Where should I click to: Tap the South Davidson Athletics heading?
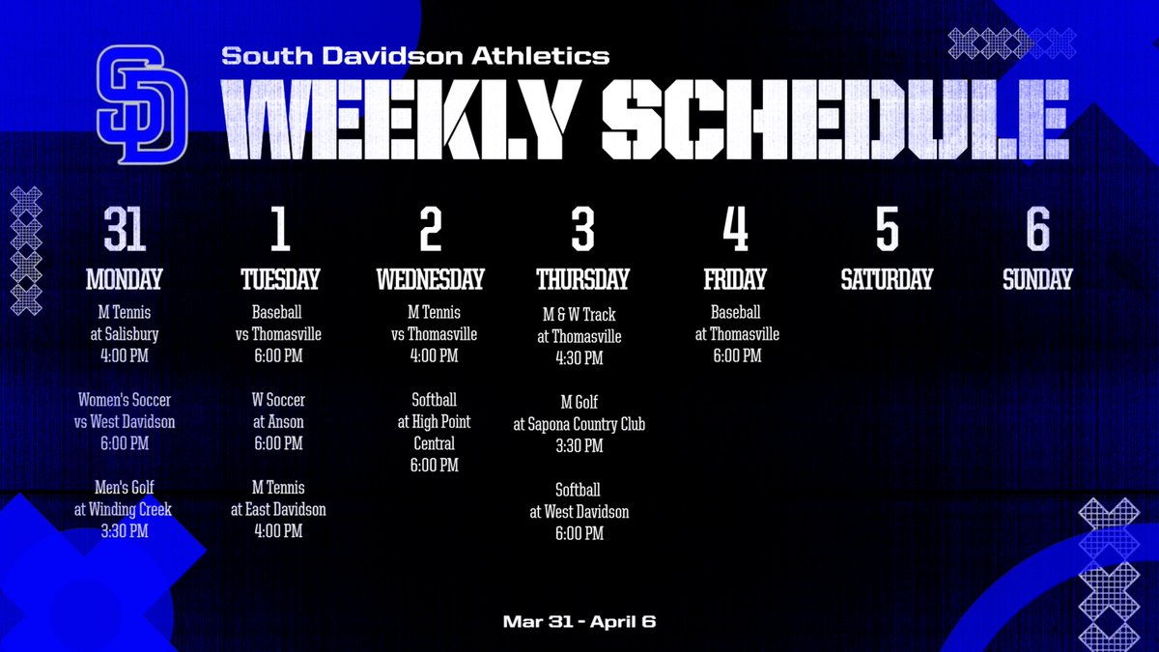tap(415, 56)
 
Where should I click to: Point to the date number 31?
tap(125, 231)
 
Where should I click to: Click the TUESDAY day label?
tap(279, 280)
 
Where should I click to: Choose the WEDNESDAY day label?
tap(430, 280)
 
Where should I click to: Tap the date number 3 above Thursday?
tap(582, 231)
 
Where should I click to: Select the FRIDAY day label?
tap(735, 280)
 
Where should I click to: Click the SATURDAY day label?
tap(887, 280)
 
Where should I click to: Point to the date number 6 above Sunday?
tap(1037, 231)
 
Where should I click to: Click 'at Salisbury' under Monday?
tap(125, 334)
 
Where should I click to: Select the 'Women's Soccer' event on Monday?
tap(125, 400)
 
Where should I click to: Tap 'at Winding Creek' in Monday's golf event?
tap(125, 509)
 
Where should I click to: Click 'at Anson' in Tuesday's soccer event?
tap(279, 422)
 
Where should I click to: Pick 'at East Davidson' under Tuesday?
tap(279, 509)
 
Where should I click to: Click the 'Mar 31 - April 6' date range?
tap(579, 621)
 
